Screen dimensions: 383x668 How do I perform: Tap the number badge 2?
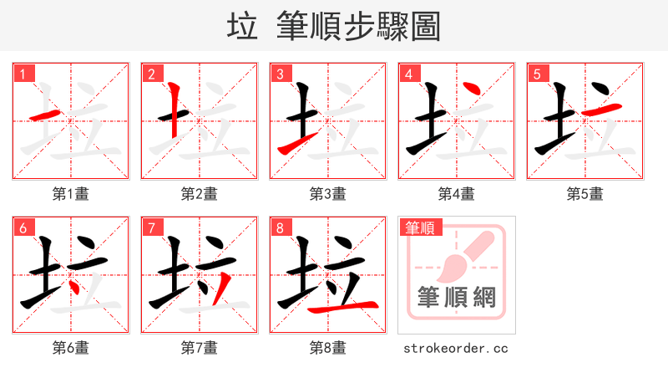[x=151, y=74]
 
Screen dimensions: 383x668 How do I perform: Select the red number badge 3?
[x=280, y=74]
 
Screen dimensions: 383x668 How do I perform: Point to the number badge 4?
[x=408, y=74]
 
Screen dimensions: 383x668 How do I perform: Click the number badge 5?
[x=537, y=74]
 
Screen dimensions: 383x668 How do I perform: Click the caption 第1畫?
[x=70, y=194]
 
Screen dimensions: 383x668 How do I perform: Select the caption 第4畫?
[x=456, y=194]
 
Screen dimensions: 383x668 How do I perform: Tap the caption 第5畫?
[x=584, y=194]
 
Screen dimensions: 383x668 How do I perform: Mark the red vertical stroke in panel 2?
[x=174, y=109]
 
